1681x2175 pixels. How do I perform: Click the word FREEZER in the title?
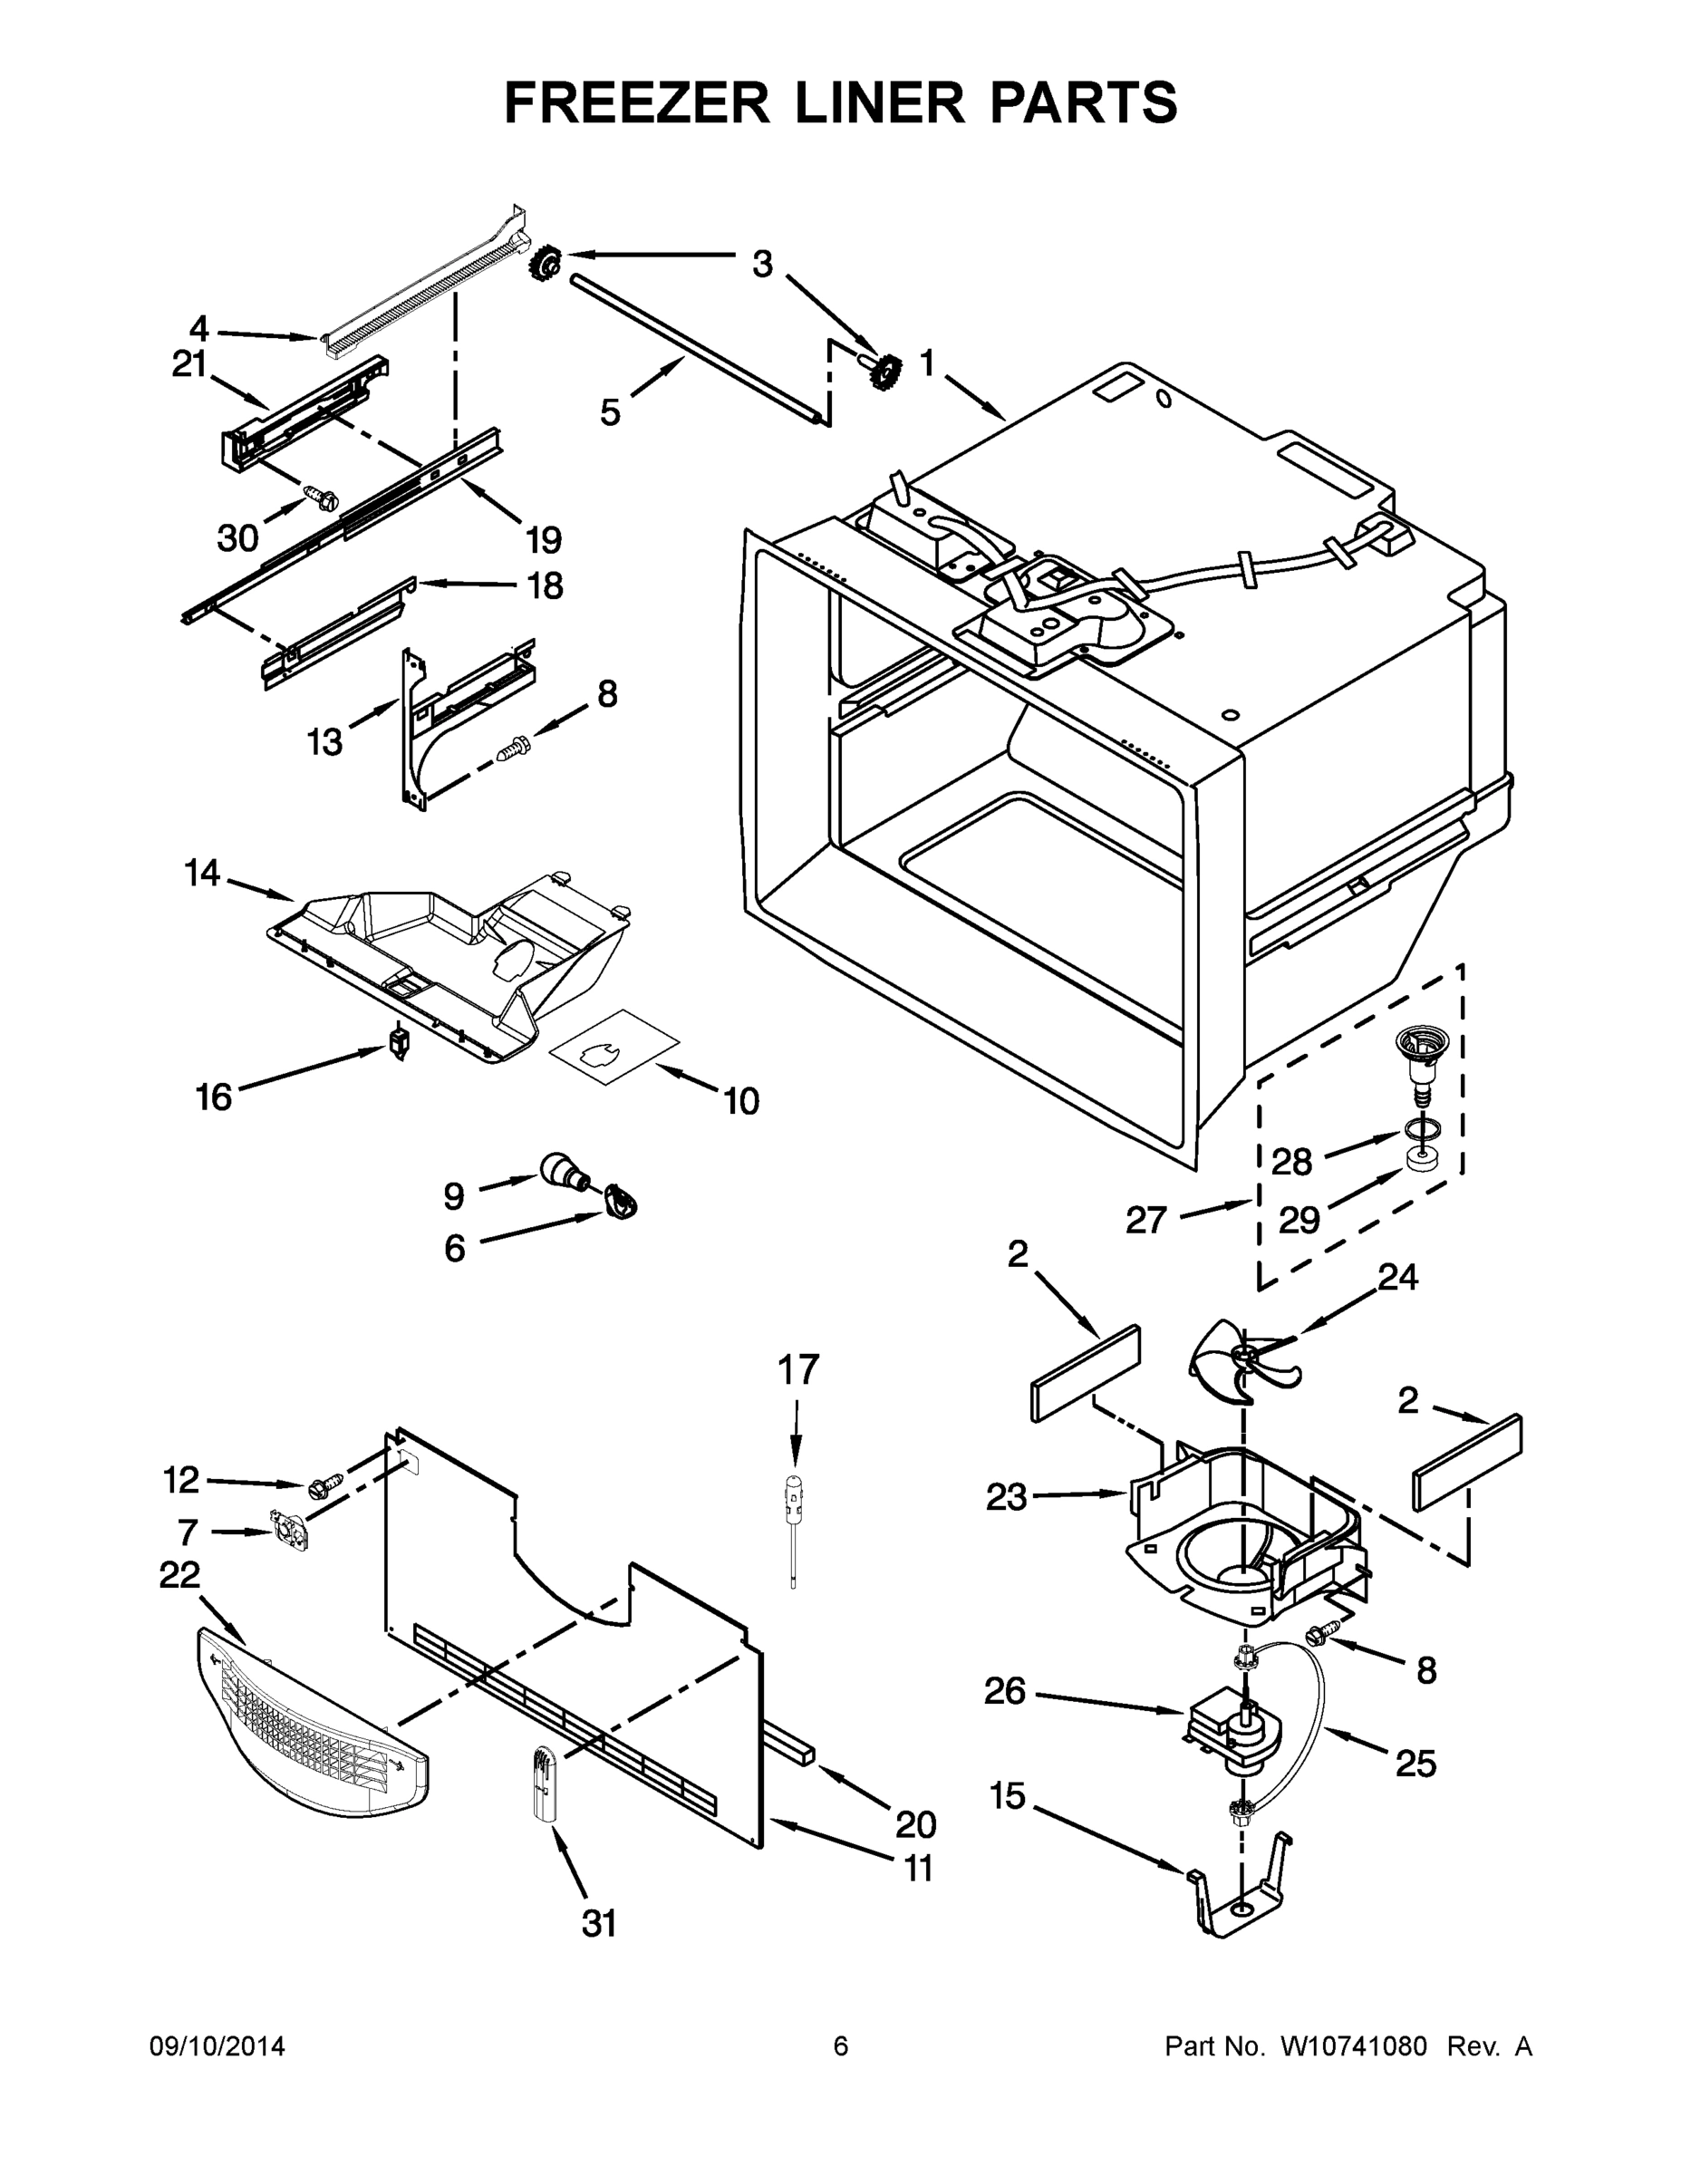636,102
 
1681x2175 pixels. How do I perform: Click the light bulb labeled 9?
564,1169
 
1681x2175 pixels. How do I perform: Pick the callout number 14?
201,874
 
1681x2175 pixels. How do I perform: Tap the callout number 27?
1145,1219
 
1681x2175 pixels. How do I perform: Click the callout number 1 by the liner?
926,364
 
